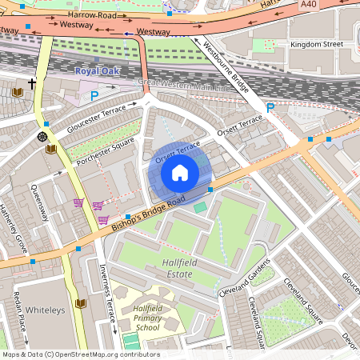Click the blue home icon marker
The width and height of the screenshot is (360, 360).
pyautogui.click(x=180, y=172)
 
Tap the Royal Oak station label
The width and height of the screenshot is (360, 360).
pyautogui.click(x=96, y=71)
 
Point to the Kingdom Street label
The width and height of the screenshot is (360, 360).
pyautogui.click(x=316, y=44)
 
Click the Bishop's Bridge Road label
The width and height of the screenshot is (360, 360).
pyautogui.click(x=148, y=210)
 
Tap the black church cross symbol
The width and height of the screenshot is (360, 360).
pyautogui.click(x=33, y=83)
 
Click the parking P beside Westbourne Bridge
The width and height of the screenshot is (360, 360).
pyautogui.click(x=270, y=108)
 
